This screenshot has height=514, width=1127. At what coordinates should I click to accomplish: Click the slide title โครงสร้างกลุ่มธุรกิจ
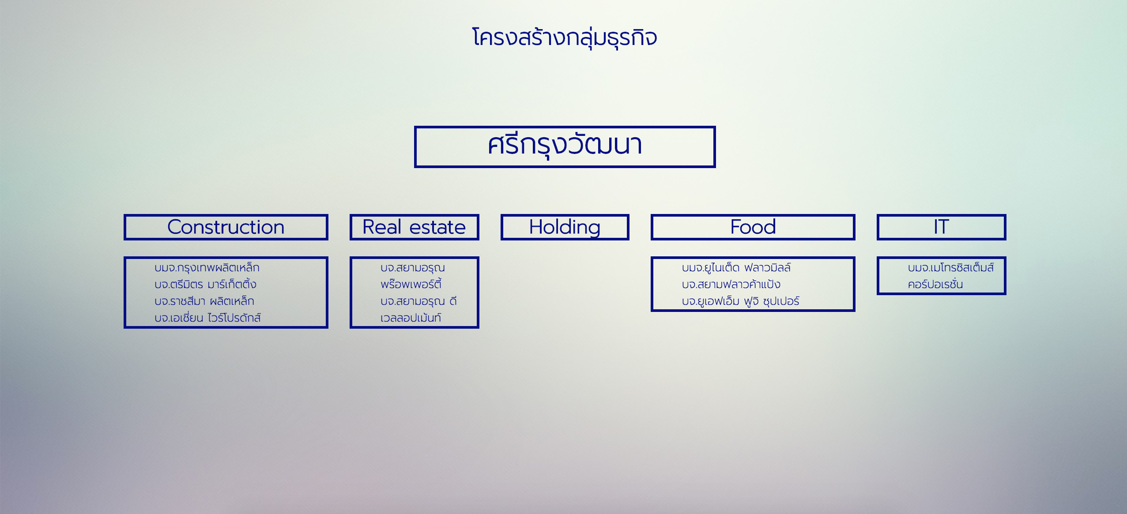(565, 38)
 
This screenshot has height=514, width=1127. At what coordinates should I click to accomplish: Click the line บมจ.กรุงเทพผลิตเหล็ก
(207, 268)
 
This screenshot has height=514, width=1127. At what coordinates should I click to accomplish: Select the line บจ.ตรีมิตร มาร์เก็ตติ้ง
(205, 285)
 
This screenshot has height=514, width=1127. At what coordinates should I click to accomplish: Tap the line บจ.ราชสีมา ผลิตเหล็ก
(204, 301)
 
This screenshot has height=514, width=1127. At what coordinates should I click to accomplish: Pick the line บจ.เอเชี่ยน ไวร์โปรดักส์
(207, 318)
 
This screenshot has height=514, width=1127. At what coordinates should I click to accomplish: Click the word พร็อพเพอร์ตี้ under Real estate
(411, 285)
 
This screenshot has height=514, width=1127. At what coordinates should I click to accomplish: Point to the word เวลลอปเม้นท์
(411, 318)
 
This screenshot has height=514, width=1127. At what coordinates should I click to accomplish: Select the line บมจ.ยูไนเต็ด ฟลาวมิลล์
(736, 268)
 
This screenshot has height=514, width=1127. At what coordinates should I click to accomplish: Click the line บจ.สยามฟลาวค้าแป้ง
(731, 285)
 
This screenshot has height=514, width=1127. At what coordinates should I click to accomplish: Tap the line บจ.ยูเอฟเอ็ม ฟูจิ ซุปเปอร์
(740, 301)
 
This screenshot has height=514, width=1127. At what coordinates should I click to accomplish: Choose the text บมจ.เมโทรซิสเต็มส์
(951, 268)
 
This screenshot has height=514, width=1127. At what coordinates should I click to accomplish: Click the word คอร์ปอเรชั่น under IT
(935, 285)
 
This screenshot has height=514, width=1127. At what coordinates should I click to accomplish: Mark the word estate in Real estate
(437, 228)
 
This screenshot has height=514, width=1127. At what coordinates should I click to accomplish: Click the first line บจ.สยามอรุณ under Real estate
(413, 268)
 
